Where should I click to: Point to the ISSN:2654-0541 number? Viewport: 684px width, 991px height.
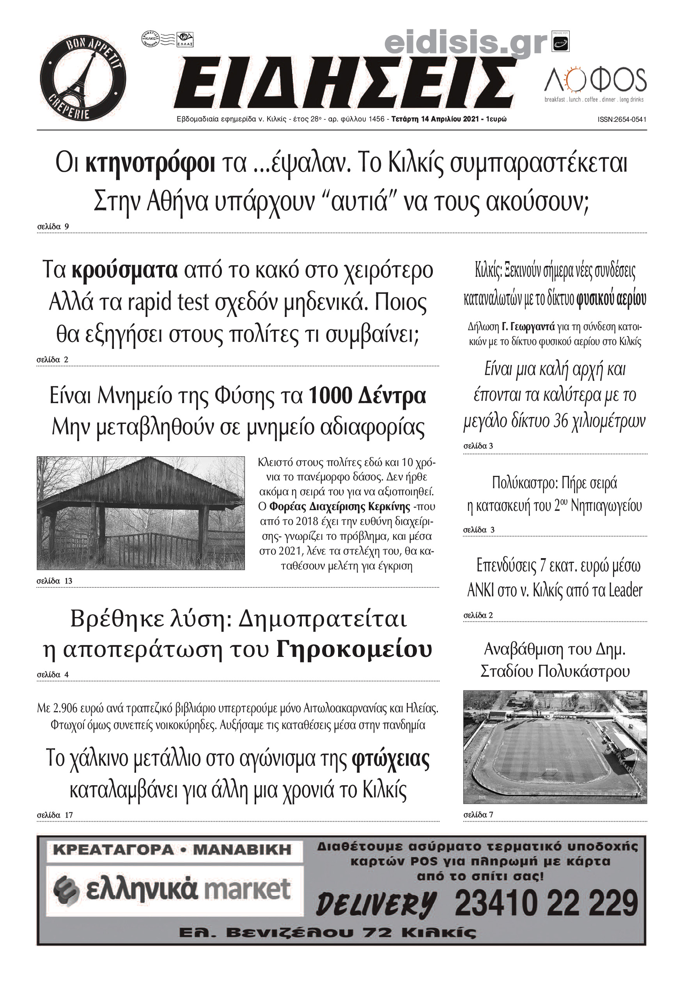point(622,120)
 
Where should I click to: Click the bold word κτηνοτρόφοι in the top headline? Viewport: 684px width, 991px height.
point(150,164)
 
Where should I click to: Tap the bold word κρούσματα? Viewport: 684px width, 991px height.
point(124,270)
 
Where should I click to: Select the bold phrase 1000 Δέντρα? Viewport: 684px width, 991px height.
point(367,395)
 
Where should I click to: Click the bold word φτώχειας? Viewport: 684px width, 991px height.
point(390,758)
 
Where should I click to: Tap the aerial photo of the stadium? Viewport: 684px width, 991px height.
point(555,746)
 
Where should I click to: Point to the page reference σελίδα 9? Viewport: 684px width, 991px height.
point(53,226)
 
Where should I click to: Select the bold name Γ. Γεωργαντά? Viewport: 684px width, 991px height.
point(528,327)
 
